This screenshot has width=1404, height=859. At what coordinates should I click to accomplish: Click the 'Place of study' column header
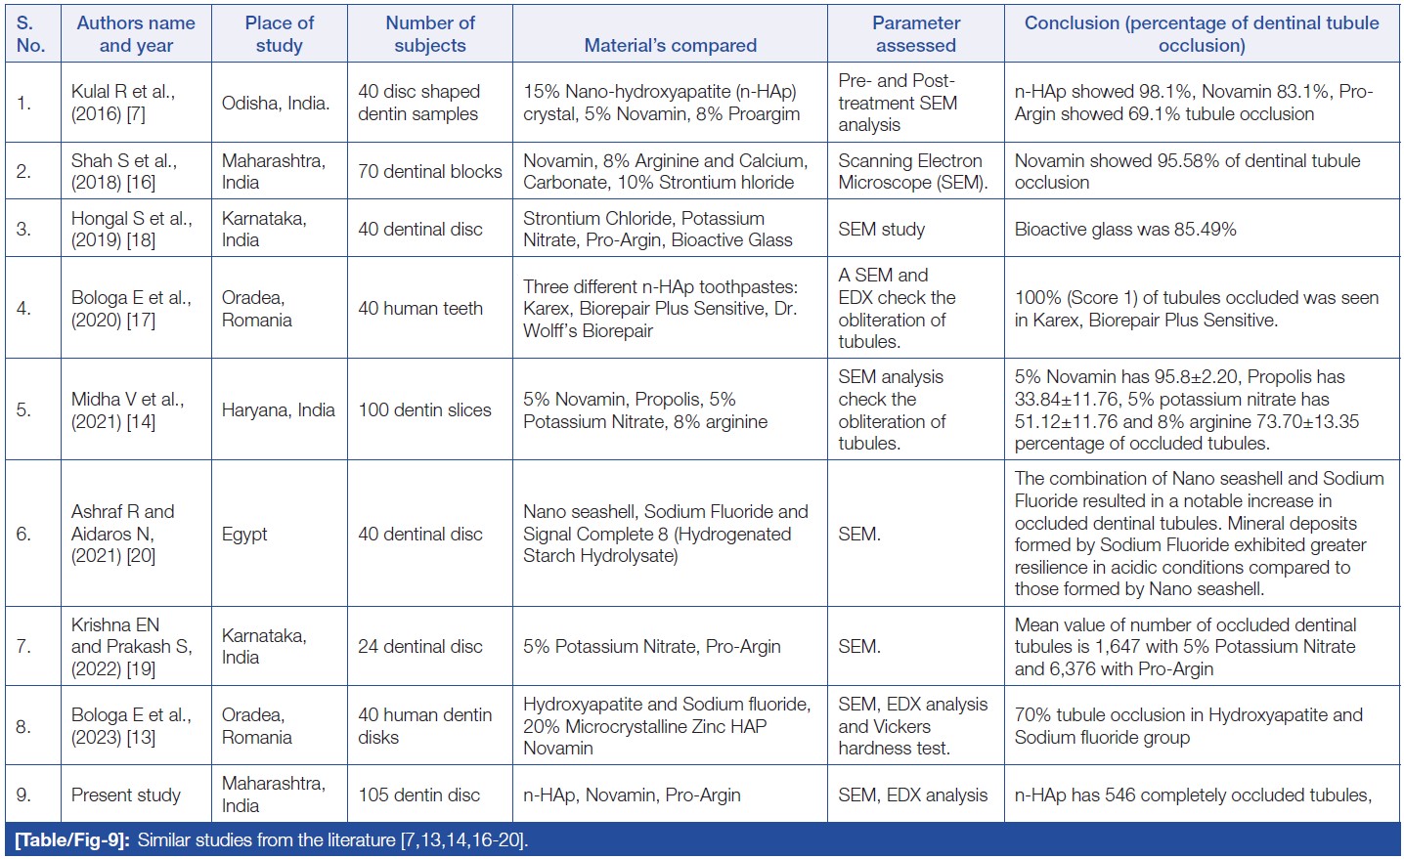tap(279, 34)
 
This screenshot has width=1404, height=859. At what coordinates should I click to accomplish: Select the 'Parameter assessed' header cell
tap(916, 34)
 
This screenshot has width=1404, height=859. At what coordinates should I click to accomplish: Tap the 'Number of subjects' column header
tap(430, 34)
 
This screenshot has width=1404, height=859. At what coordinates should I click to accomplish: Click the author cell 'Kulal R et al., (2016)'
tap(122, 103)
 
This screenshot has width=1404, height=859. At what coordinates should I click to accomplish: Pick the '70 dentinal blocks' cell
tap(429, 172)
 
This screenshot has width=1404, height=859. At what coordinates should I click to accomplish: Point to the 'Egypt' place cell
tap(244, 534)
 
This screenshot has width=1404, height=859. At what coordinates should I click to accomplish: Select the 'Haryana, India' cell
tap(279, 410)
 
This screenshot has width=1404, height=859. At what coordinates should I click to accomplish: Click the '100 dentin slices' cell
tap(424, 410)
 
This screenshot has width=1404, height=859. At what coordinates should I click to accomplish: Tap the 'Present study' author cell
tap(126, 795)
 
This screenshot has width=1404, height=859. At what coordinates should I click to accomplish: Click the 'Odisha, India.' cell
tap(276, 103)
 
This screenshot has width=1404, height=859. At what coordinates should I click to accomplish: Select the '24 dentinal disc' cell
tap(419, 647)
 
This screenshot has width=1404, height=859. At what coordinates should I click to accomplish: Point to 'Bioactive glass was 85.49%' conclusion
tap(1125, 230)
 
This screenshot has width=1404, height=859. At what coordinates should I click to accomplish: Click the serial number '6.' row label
tap(23, 534)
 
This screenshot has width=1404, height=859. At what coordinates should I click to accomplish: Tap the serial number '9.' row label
tap(23, 795)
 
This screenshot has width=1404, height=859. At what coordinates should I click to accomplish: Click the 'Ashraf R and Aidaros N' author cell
tap(122, 534)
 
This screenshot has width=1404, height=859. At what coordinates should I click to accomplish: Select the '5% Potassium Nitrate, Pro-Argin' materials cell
tap(651, 647)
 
